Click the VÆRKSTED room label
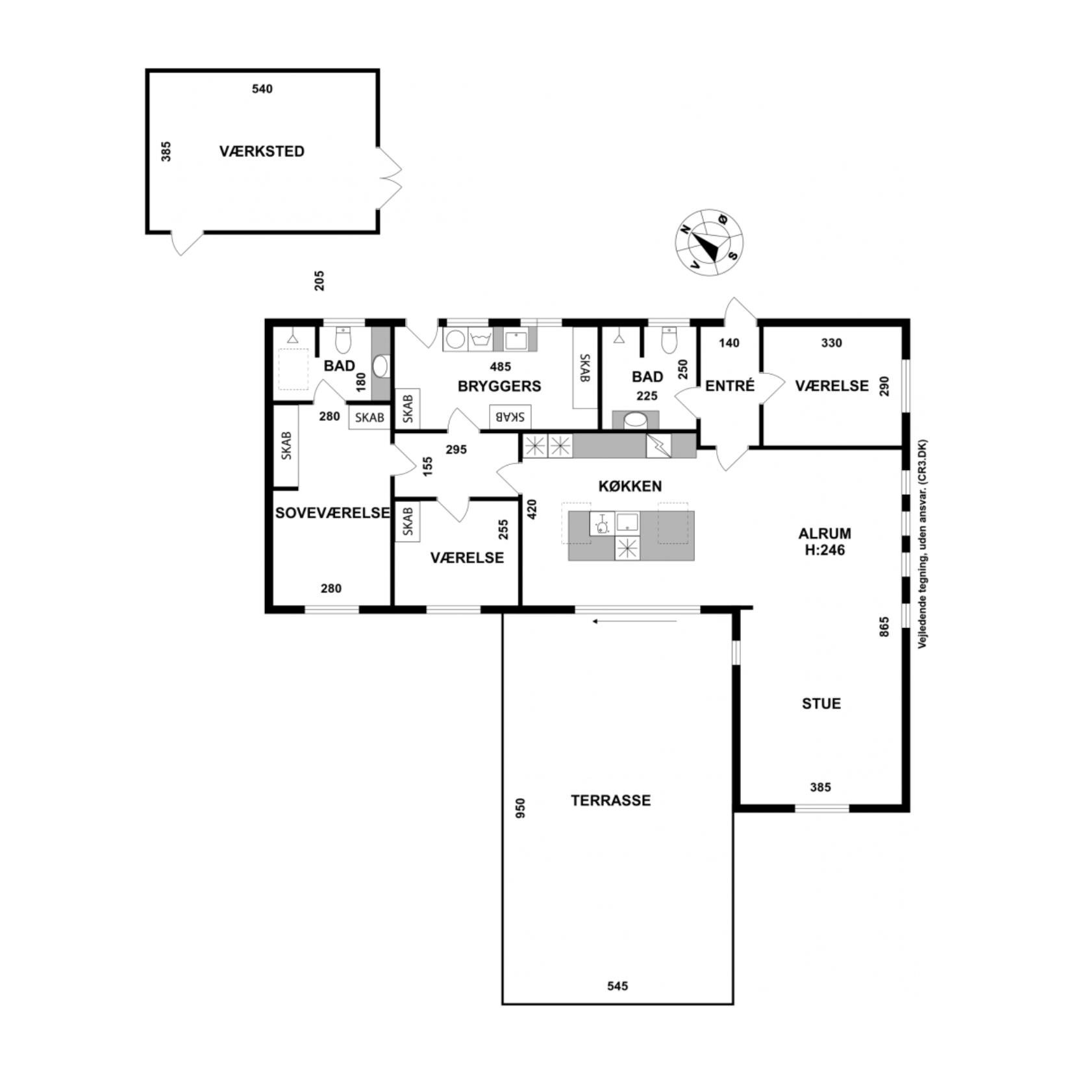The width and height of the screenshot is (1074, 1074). tap(262, 151)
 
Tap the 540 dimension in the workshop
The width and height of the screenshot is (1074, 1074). tap(262, 89)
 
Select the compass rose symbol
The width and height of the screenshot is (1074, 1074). tap(709, 242)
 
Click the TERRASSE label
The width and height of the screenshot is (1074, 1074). tap(610, 801)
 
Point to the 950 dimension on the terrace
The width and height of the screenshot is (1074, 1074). tap(520, 808)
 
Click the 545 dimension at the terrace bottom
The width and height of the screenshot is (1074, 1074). tap(618, 986)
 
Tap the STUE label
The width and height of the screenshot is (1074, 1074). tap(821, 704)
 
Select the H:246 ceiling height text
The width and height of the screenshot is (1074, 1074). tap(825, 550)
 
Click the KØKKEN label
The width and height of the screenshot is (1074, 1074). tap(630, 486)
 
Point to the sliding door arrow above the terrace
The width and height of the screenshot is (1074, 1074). tap(634, 621)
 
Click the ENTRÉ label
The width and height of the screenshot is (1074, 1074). tap(730, 386)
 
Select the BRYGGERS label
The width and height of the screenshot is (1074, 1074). tap(499, 386)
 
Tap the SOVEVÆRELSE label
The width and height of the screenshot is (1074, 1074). tap(332, 513)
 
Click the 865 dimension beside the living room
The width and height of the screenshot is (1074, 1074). tap(884, 627)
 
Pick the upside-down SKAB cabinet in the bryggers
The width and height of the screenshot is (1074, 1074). tap(510, 416)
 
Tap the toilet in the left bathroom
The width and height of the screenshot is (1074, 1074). tap(343, 340)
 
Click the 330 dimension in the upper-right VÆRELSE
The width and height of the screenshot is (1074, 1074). tap(832, 343)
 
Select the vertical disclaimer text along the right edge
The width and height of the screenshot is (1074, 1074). tap(922, 544)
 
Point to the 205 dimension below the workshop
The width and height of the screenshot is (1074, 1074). tap(319, 281)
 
